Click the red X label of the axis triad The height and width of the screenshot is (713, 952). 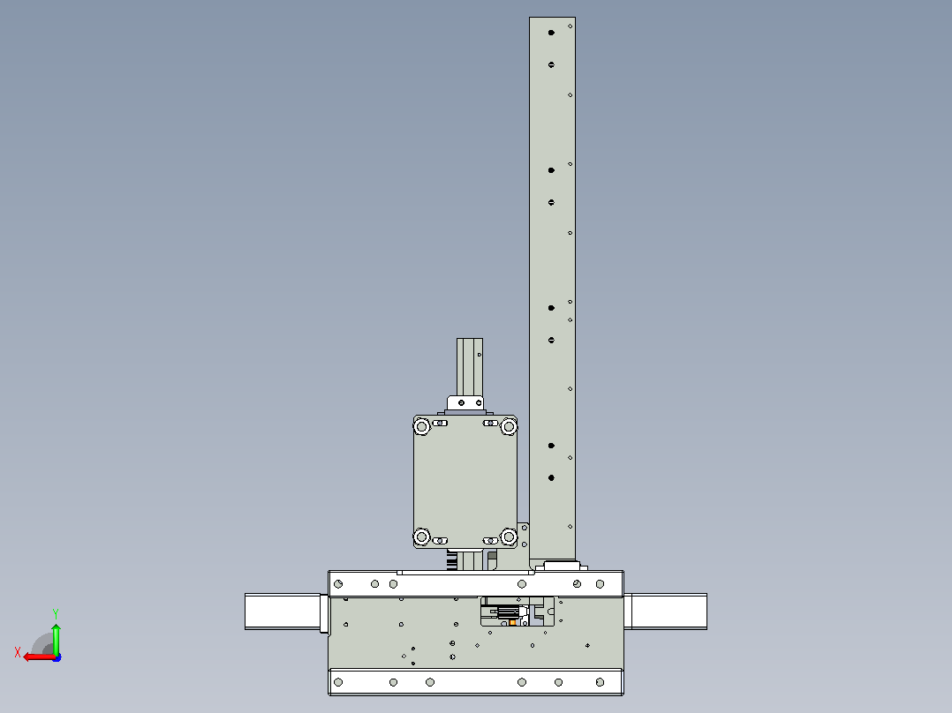coord(18,652)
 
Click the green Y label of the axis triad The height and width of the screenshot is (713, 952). coord(56,613)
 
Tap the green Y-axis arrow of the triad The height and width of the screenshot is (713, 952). coord(56,639)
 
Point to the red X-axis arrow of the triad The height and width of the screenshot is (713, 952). coord(40,657)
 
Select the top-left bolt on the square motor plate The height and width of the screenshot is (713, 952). coord(421,426)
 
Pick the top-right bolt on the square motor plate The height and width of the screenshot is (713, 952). coord(509,426)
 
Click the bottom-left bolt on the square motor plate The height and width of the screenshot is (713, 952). coord(421,537)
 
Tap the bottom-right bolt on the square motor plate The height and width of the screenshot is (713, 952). coord(509,537)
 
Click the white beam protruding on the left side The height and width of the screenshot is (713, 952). coord(283,612)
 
